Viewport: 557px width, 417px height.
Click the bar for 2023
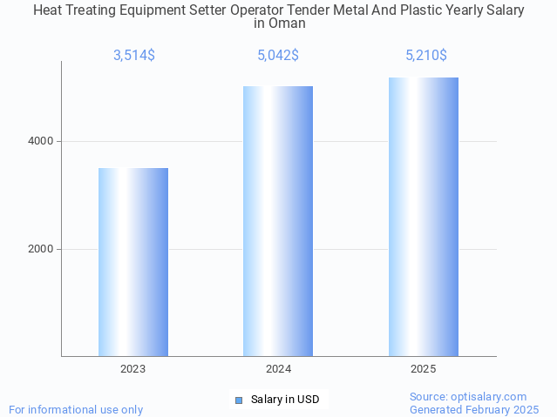tap(133, 262)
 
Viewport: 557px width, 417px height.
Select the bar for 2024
tap(278, 221)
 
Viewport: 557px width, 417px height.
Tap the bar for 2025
tap(424, 217)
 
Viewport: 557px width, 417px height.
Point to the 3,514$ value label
tap(133, 56)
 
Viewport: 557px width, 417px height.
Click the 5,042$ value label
tap(278, 56)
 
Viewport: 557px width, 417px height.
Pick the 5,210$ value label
tap(425, 56)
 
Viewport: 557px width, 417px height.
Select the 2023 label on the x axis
tap(133, 369)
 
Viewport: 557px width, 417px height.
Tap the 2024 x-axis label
tap(278, 369)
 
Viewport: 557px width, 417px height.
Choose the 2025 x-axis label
tap(424, 369)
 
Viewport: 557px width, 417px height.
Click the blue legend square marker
tap(239, 400)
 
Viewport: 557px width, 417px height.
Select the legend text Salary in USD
tap(285, 400)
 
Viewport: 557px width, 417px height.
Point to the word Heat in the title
tap(48, 10)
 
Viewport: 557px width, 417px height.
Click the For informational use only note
tap(76, 409)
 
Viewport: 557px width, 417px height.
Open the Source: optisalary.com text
tap(468, 396)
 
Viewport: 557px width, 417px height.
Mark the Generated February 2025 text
tap(474, 409)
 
